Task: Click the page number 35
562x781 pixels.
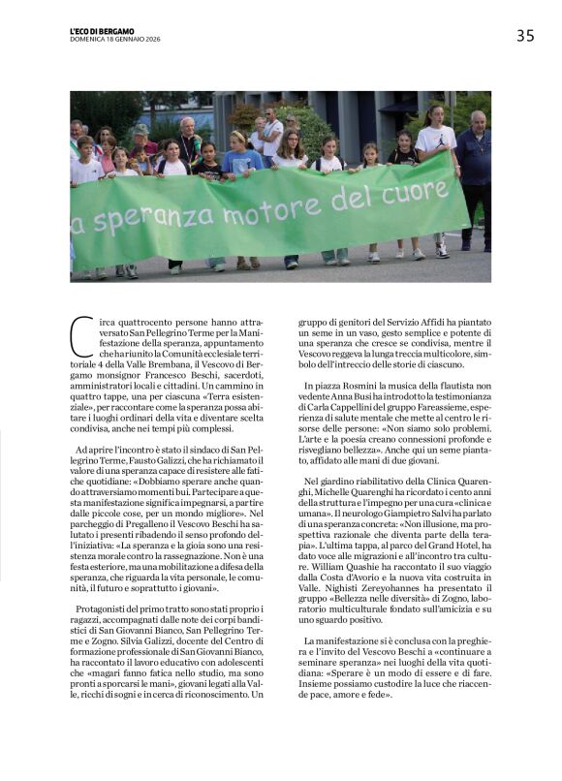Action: pos(524,36)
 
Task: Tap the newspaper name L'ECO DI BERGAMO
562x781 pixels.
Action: pos(102,31)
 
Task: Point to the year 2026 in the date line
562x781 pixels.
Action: pos(147,39)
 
